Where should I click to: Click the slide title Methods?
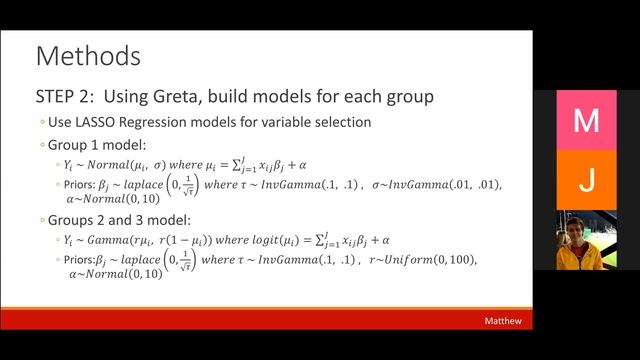tap(87, 54)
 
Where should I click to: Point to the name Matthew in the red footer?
tap(503, 321)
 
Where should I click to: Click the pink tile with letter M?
tap(586, 120)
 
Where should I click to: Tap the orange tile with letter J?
tap(586, 180)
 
